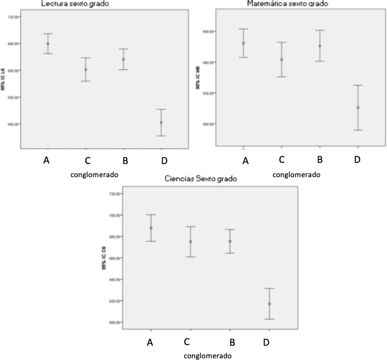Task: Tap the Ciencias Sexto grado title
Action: coord(197,178)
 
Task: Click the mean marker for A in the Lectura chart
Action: coord(48,43)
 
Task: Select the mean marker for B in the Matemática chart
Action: coord(320,46)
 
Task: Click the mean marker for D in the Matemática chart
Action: coord(358,108)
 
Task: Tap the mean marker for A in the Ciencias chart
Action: coord(151,228)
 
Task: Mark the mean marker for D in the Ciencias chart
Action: coord(269,304)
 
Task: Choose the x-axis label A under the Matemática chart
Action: coord(246,161)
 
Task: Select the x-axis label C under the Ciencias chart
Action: coord(187,342)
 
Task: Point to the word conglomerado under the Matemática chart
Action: coord(296,174)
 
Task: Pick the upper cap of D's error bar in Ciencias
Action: coord(269,288)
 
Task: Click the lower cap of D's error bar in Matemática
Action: coord(358,130)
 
